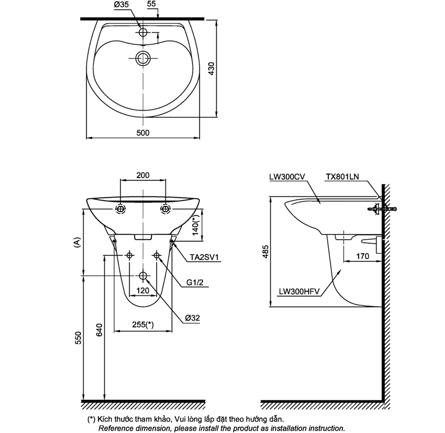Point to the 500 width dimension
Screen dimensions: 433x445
coord(142,132)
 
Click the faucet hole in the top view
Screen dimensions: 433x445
coord(143,32)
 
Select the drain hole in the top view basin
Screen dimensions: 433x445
coord(143,58)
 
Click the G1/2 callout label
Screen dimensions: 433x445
coord(196,283)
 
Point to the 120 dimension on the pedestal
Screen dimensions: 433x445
coord(142,290)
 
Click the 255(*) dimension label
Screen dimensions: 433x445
coord(143,325)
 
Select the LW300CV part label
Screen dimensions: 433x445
coord(287,177)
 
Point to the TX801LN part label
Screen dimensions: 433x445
coord(342,177)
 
